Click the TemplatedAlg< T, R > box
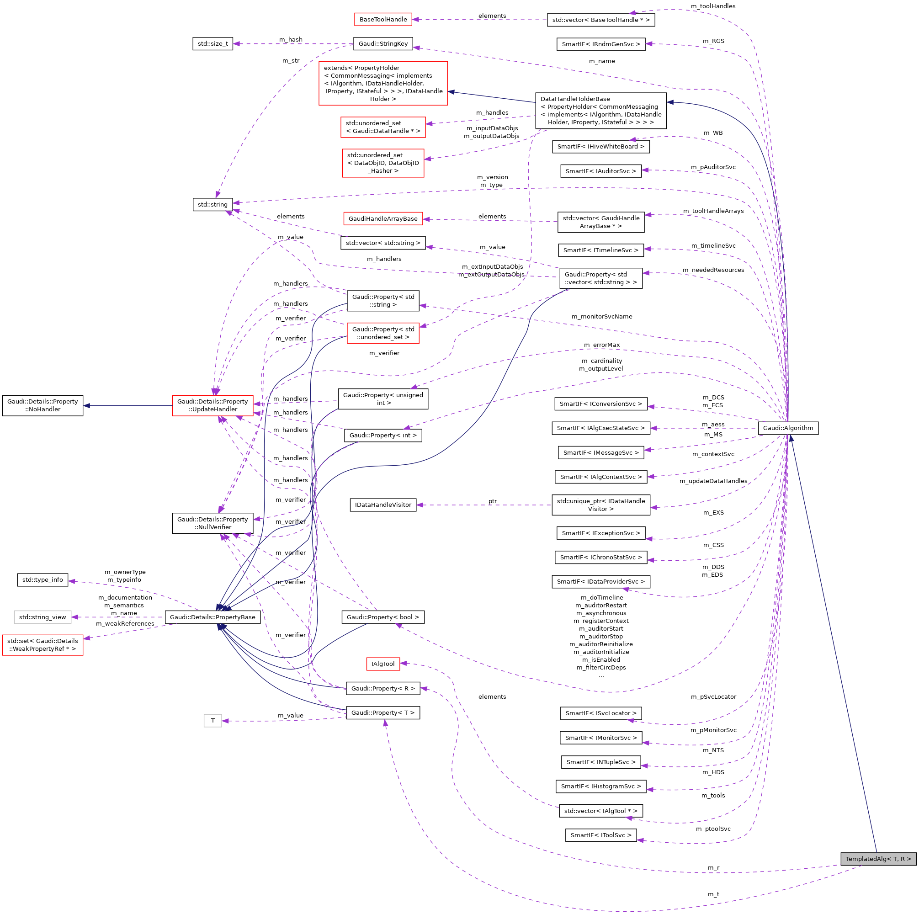[877, 859]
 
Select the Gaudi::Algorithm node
[788, 428]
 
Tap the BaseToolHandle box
[383, 20]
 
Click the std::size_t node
[212, 44]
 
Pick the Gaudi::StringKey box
[383, 44]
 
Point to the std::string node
[212, 205]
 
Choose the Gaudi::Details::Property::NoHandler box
[43, 405]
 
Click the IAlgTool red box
[383, 664]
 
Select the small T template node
[212, 721]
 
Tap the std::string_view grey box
[43, 617]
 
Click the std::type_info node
[43, 580]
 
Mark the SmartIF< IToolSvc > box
[601, 835]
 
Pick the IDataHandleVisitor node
[383, 505]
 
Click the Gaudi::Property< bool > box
[383, 617]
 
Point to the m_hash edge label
[291, 39]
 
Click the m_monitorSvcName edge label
[602, 316]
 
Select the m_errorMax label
[602, 345]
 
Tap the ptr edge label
[492, 501]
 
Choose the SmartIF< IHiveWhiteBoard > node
[601, 147]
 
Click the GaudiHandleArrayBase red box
[383, 219]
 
